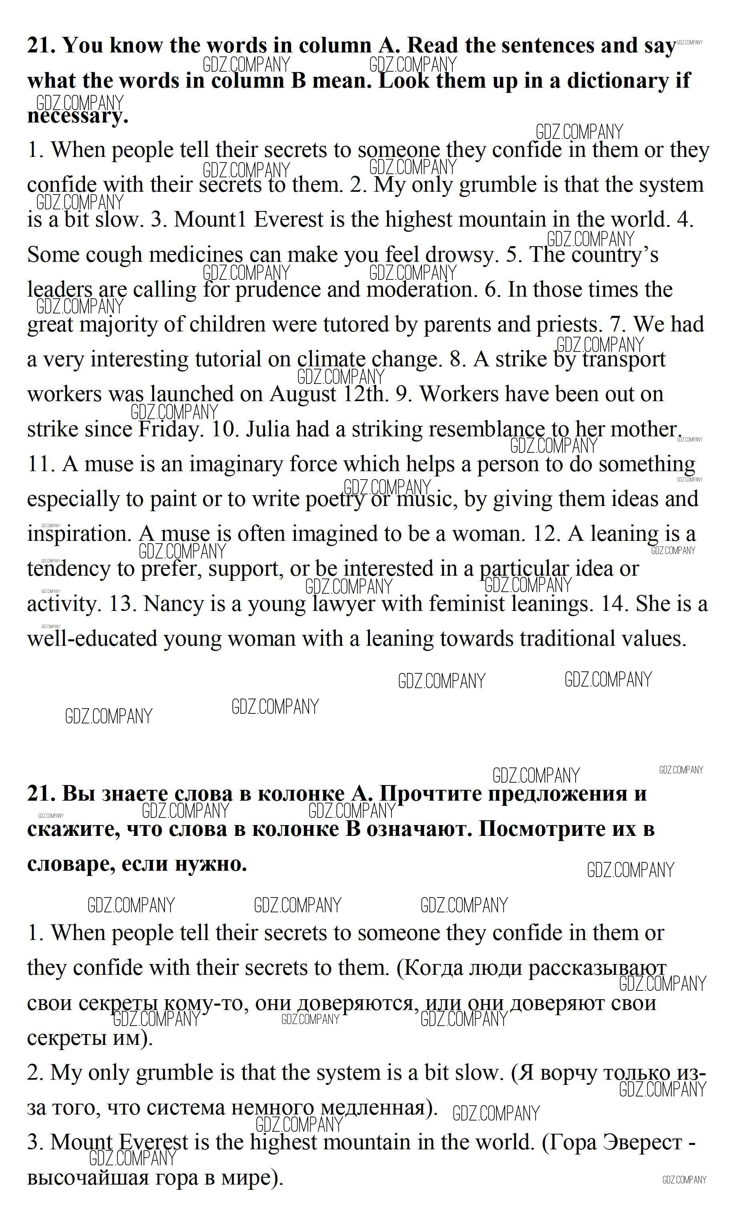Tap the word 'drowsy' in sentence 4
[x=461, y=255]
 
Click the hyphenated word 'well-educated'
[x=92, y=639]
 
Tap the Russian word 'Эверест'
[x=643, y=1142]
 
